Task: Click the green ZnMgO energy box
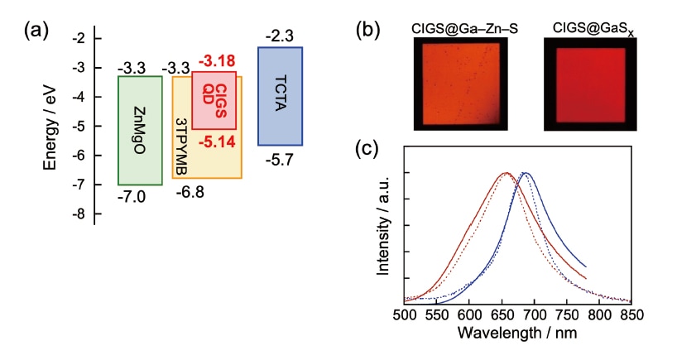click(140, 130)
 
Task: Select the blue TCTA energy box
click(280, 95)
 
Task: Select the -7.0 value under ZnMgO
click(132, 198)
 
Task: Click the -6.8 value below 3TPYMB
click(190, 193)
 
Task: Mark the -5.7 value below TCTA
click(279, 159)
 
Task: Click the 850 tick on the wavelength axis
click(631, 316)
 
